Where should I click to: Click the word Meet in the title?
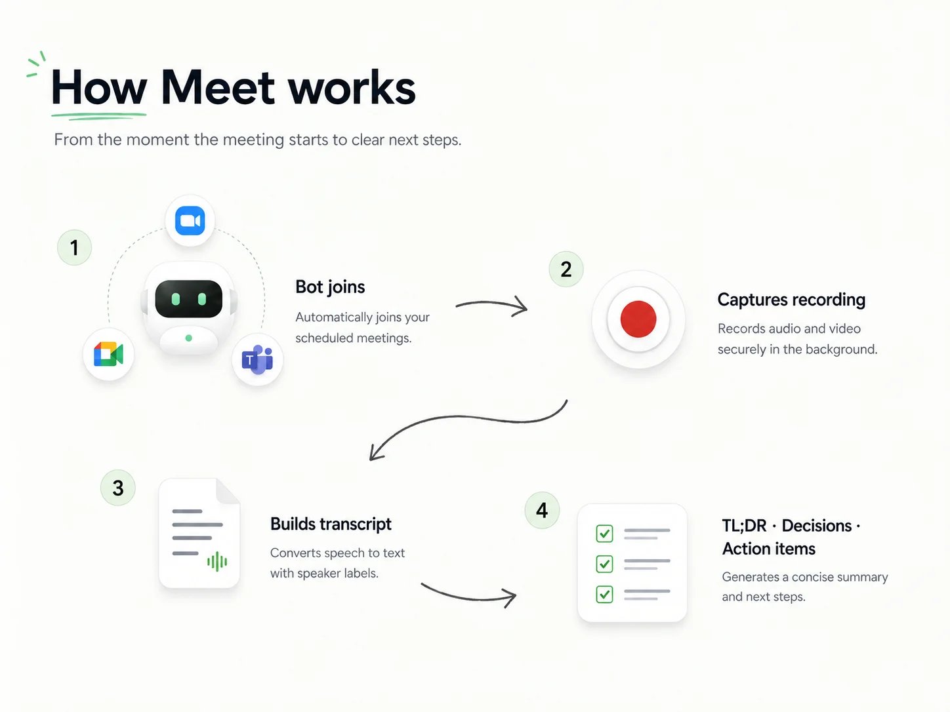(x=218, y=87)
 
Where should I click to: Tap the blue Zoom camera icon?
(x=190, y=221)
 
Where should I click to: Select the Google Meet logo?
(x=108, y=354)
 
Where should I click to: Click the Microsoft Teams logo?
(x=258, y=359)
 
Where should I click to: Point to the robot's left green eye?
(x=176, y=299)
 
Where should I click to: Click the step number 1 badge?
(x=74, y=247)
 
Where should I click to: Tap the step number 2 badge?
(x=566, y=269)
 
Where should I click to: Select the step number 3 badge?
(x=117, y=488)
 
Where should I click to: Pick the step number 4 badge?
(x=542, y=510)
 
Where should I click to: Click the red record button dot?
(x=638, y=319)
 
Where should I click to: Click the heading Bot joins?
(x=330, y=287)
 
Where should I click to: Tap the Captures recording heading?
(x=791, y=300)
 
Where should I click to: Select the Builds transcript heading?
(x=331, y=524)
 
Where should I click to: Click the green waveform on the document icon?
(x=217, y=562)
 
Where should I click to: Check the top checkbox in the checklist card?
(x=605, y=534)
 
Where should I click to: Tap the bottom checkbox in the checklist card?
(x=605, y=594)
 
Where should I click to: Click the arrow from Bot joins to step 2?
(x=491, y=304)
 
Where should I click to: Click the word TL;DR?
(x=744, y=526)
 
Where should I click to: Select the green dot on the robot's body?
(x=189, y=338)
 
